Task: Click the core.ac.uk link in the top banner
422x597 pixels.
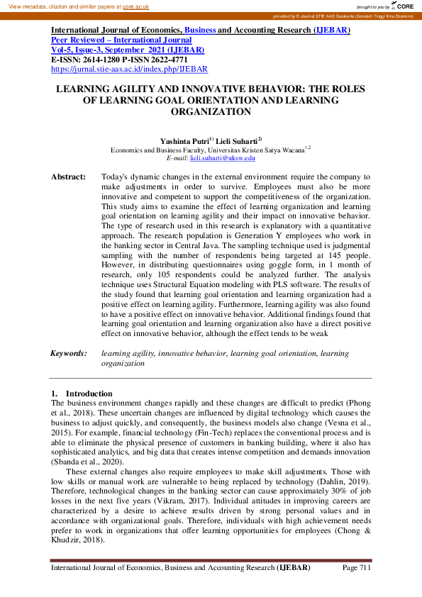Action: click(137, 6)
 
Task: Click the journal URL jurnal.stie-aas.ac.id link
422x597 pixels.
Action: click(129, 69)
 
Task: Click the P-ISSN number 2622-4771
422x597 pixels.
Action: click(168, 60)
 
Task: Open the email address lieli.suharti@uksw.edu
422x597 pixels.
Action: click(226, 158)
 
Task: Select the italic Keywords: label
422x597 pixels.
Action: click(68, 352)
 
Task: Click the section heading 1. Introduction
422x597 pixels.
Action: click(82, 394)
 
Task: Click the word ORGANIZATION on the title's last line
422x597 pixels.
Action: click(211, 112)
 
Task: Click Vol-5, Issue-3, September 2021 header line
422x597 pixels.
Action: click(128, 50)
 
